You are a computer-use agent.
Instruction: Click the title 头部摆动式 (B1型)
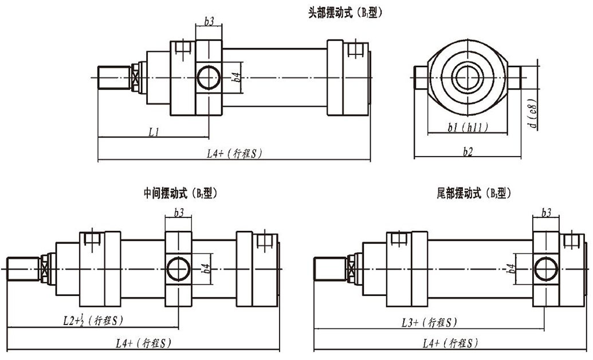click(345, 12)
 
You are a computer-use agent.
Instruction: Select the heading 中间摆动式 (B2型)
click(180, 193)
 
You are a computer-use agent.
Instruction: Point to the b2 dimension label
click(468, 151)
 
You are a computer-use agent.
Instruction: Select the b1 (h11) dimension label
click(468, 128)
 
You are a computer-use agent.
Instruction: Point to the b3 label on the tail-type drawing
click(546, 213)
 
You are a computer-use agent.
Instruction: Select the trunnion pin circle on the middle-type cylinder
click(178, 268)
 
